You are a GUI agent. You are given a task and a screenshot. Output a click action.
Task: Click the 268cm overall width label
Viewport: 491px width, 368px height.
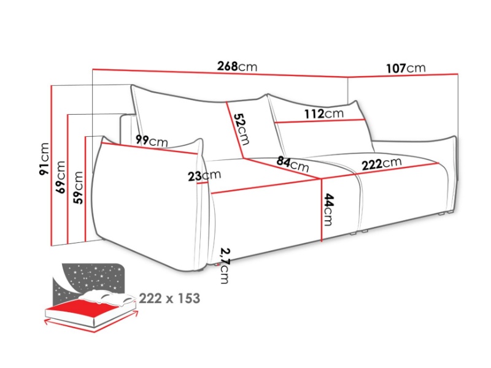click(237, 66)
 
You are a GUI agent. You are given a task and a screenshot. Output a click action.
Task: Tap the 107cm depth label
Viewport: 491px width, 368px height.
click(406, 68)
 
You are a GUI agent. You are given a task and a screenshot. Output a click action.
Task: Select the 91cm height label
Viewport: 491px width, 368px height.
click(44, 159)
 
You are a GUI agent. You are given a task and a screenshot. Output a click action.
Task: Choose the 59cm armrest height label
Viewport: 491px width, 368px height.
click(78, 188)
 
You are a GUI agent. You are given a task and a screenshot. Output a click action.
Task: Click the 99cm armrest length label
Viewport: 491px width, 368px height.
click(152, 141)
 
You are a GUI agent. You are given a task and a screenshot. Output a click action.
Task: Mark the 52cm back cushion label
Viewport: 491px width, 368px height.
click(242, 129)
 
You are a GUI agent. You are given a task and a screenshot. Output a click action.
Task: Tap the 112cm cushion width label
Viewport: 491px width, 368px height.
click(324, 113)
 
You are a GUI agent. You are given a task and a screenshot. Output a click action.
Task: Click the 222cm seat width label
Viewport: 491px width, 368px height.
click(381, 164)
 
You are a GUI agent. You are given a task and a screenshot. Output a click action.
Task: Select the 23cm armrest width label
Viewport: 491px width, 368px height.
click(204, 175)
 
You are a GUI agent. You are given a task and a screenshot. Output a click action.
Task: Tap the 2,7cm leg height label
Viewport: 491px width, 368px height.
click(225, 266)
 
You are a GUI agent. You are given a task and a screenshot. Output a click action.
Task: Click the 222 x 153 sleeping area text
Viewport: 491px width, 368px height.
click(169, 299)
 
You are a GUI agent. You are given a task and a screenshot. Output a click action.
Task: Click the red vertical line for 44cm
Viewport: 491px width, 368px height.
click(322, 210)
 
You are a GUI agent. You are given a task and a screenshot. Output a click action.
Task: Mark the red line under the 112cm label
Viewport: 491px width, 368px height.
click(320, 121)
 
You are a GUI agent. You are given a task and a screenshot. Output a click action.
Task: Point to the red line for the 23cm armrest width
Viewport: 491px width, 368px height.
click(204, 183)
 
